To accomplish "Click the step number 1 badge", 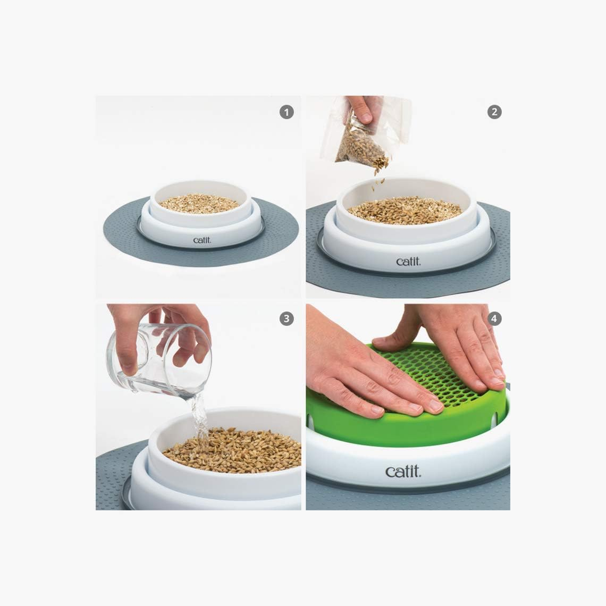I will (287, 112).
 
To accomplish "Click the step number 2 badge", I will (494, 112).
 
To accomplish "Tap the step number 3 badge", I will (287, 318).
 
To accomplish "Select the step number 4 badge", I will (494, 318).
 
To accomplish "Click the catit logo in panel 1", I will (202, 240).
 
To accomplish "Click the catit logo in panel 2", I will (408, 261).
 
